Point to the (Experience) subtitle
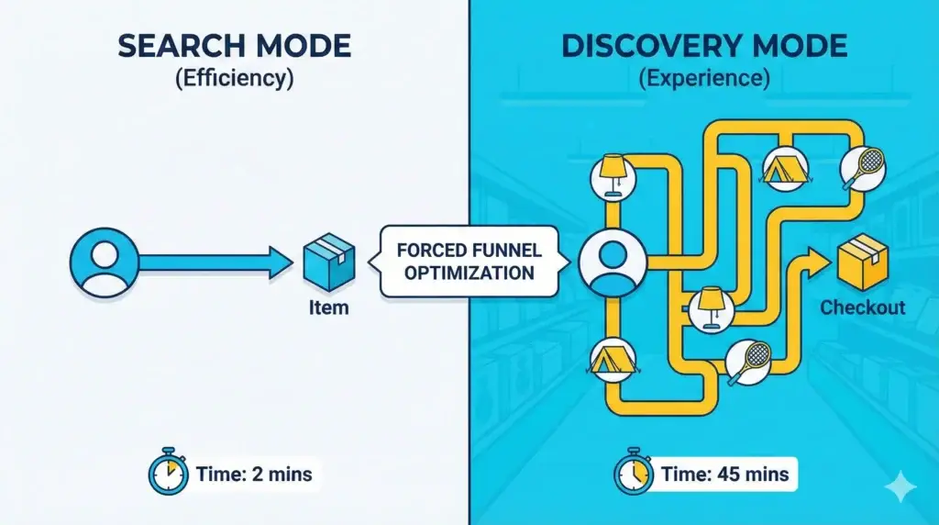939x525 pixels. (703, 79)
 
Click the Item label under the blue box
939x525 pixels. (328, 307)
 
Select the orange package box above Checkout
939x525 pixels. (862, 261)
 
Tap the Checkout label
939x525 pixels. (862, 307)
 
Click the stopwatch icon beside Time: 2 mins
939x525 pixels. (167, 473)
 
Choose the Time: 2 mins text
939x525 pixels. (253, 475)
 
